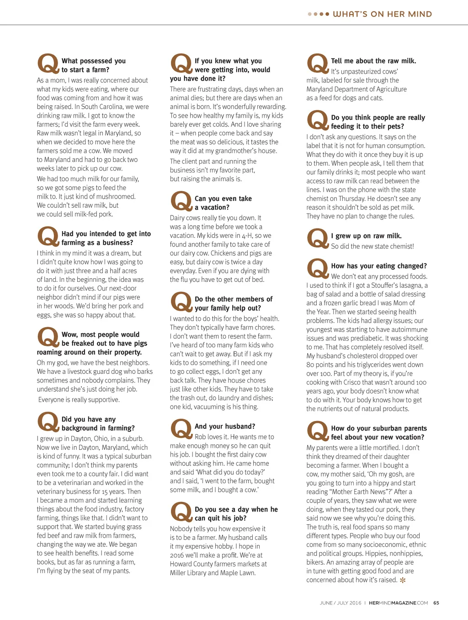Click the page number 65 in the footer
point(436,603)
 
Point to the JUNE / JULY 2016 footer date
point(340,603)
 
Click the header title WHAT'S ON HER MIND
point(382,14)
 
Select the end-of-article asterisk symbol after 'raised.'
point(403,580)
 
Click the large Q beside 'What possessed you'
point(48,64)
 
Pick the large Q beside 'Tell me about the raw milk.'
point(317,64)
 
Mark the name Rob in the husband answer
point(201,437)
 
